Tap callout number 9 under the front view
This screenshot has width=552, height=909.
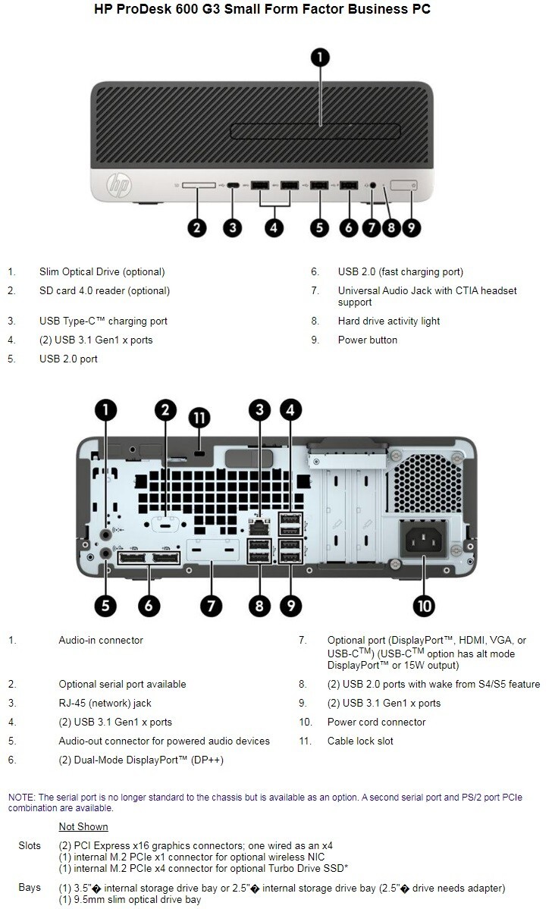tap(411, 227)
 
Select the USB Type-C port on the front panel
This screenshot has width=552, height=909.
tap(233, 184)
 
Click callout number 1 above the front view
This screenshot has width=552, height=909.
tap(321, 57)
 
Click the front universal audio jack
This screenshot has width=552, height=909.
tap(372, 184)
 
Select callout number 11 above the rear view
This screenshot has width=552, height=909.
tap(199, 418)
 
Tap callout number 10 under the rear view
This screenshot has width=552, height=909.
tap(423, 604)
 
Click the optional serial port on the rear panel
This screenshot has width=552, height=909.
tap(166, 523)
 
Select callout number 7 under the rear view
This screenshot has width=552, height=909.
tap(210, 604)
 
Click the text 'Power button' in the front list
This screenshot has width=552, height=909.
tap(367, 340)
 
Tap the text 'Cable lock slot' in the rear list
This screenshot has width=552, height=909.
tap(360, 741)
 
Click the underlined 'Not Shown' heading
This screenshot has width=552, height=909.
tap(83, 826)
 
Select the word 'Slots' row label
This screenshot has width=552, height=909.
tap(30, 845)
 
